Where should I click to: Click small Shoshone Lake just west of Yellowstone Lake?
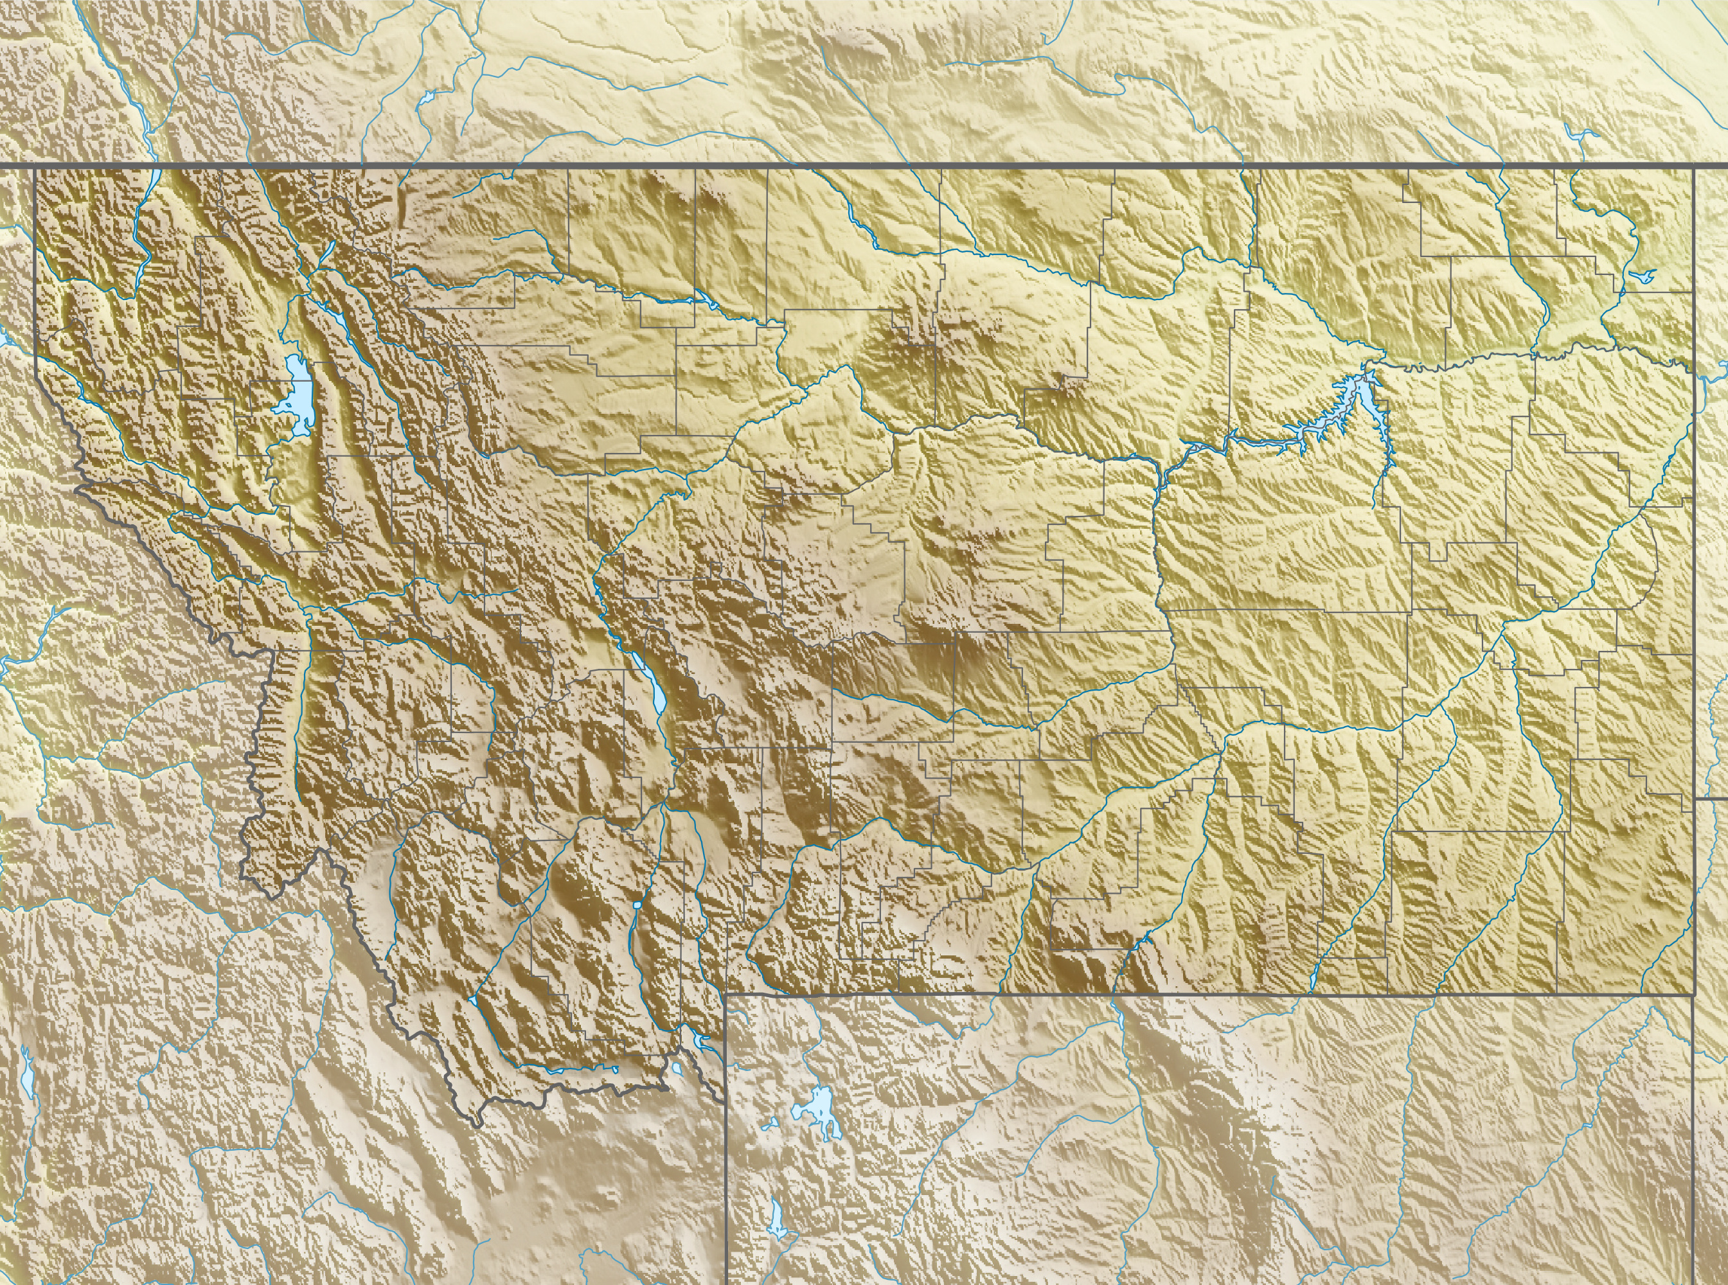pyautogui.click(x=772, y=1125)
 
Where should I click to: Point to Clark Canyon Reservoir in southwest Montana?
pyautogui.click(x=472, y=1000)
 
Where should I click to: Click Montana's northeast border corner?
pyautogui.click(x=1694, y=166)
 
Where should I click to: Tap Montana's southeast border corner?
pyautogui.click(x=1694, y=994)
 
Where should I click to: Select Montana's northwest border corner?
pyautogui.click(x=34, y=166)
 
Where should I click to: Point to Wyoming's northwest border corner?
pyautogui.click(x=726, y=994)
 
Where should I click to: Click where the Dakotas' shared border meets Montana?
pyautogui.click(x=1695, y=798)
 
